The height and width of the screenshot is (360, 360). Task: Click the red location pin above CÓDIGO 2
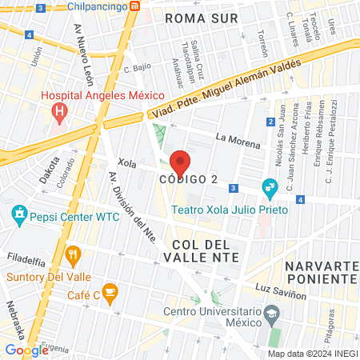point(180,162)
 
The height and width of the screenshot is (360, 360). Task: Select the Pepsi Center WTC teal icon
point(18,214)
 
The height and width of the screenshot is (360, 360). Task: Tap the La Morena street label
point(238,145)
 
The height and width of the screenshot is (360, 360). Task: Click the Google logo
point(27,350)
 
